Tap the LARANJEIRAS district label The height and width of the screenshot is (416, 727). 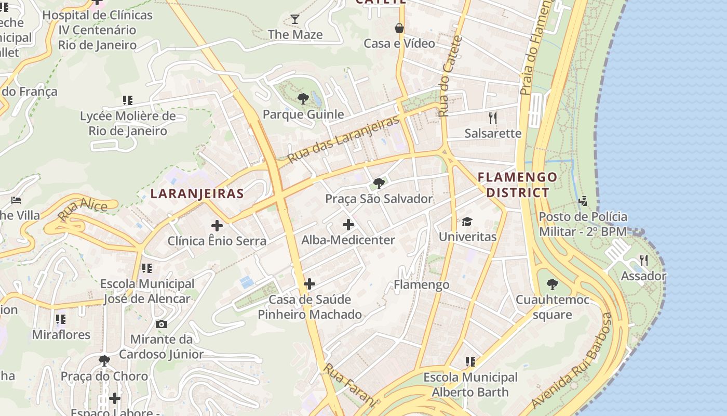tap(197, 194)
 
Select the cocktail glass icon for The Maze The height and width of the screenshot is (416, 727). tap(295, 20)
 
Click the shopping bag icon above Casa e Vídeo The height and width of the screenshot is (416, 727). tap(399, 28)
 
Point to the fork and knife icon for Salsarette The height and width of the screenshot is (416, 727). tap(493, 118)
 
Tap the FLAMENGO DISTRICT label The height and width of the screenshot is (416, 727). tap(517, 185)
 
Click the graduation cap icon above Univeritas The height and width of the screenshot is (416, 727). tap(467, 222)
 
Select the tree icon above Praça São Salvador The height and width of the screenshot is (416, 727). tap(379, 183)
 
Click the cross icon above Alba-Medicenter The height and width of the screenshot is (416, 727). tap(348, 225)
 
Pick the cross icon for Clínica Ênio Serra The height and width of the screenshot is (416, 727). tap(217, 226)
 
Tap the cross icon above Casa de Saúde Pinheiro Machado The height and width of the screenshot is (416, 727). tap(309, 284)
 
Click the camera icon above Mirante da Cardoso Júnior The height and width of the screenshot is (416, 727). tap(161, 324)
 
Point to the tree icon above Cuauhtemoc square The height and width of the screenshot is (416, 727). tap(553, 284)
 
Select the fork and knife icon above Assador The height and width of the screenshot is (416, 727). tap(643, 260)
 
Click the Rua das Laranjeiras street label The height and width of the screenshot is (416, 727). tap(343, 138)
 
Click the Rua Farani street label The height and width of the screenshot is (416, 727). tap(349, 385)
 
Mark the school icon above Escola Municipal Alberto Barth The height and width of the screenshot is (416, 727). tap(470, 361)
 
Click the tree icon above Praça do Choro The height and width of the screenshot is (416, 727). tap(104, 360)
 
